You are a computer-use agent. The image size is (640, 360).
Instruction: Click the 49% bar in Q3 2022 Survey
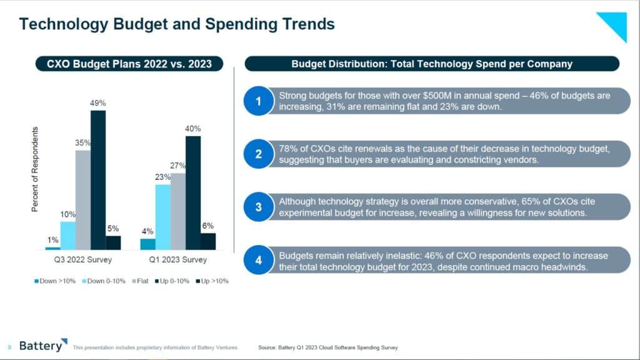(x=98, y=180)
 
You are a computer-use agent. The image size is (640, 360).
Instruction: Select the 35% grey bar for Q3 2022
(x=83, y=199)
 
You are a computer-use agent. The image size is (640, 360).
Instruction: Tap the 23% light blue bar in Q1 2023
(x=163, y=217)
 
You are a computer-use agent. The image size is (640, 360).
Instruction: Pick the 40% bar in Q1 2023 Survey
(x=193, y=192)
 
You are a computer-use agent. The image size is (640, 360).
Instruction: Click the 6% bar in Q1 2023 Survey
(x=208, y=241)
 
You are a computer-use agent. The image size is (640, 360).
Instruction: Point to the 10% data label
(x=67, y=214)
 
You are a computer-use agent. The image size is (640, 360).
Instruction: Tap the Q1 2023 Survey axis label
(x=177, y=259)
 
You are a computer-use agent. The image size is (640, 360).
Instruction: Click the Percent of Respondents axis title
(x=35, y=169)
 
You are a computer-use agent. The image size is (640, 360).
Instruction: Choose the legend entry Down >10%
(x=54, y=281)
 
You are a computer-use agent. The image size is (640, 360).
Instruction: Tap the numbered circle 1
(x=258, y=101)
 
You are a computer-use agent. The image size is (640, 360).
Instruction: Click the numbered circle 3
(x=258, y=207)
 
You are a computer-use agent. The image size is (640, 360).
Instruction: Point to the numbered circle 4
(x=258, y=261)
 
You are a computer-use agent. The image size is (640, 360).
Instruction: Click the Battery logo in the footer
(x=41, y=346)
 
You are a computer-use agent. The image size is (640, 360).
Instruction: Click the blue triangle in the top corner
(x=615, y=24)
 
